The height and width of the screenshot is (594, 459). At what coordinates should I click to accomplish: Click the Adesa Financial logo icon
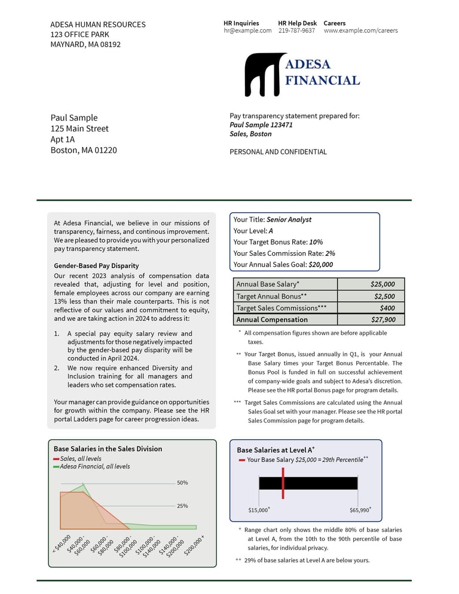(264, 74)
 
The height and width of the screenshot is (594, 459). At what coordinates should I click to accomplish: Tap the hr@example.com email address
(247, 30)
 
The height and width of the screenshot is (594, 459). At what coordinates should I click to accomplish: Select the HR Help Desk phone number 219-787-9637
(296, 30)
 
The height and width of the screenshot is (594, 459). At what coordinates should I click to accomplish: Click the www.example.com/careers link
(360, 30)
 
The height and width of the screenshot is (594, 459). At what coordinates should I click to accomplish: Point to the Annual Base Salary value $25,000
(382, 284)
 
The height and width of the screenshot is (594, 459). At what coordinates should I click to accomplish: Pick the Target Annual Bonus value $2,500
(384, 296)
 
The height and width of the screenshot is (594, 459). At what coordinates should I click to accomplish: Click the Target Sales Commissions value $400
(387, 308)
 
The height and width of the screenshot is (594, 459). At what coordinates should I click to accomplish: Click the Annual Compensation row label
(272, 320)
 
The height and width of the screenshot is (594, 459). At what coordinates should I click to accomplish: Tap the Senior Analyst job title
(289, 220)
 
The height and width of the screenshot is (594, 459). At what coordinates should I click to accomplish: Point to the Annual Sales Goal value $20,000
(321, 265)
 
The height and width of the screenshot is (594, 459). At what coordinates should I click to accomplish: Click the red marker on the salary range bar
(283, 483)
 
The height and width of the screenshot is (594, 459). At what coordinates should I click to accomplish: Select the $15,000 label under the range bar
(259, 510)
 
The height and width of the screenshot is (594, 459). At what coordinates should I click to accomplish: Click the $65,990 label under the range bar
(360, 510)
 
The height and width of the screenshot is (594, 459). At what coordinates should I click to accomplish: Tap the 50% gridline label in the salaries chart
(183, 483)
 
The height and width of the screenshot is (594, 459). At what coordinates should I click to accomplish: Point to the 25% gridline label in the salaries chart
(183, 506)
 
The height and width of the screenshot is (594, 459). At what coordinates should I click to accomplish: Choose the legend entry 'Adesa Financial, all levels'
(94, 466)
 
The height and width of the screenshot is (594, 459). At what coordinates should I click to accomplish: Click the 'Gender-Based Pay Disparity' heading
(96, 266)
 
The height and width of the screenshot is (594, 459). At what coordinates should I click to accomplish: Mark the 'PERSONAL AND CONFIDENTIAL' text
(278, 152)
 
